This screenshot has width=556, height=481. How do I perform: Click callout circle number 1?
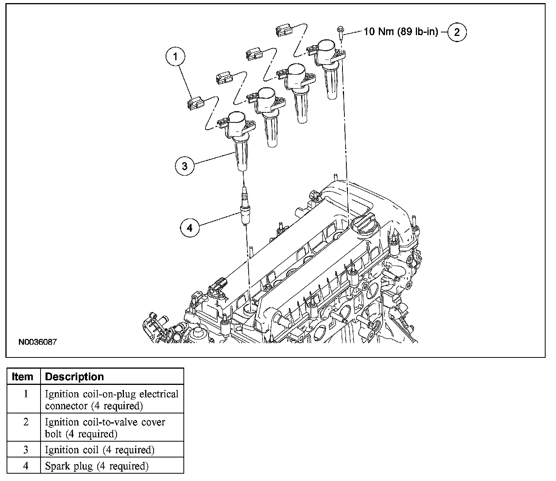coord(176,57)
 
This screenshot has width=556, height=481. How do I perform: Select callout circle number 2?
coord(457,32)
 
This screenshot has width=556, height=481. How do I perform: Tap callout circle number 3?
coord(185,166)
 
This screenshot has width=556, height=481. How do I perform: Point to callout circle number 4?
coord(189,228)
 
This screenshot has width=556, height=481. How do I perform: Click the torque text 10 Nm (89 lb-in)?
coord(401,32)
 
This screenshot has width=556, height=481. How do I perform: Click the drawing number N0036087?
coord(37,342)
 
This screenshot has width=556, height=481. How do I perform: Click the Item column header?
coord(23,377)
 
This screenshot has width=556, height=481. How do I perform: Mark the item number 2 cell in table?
coord(25,422)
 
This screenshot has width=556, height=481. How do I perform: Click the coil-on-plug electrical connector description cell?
coord(112,400)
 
